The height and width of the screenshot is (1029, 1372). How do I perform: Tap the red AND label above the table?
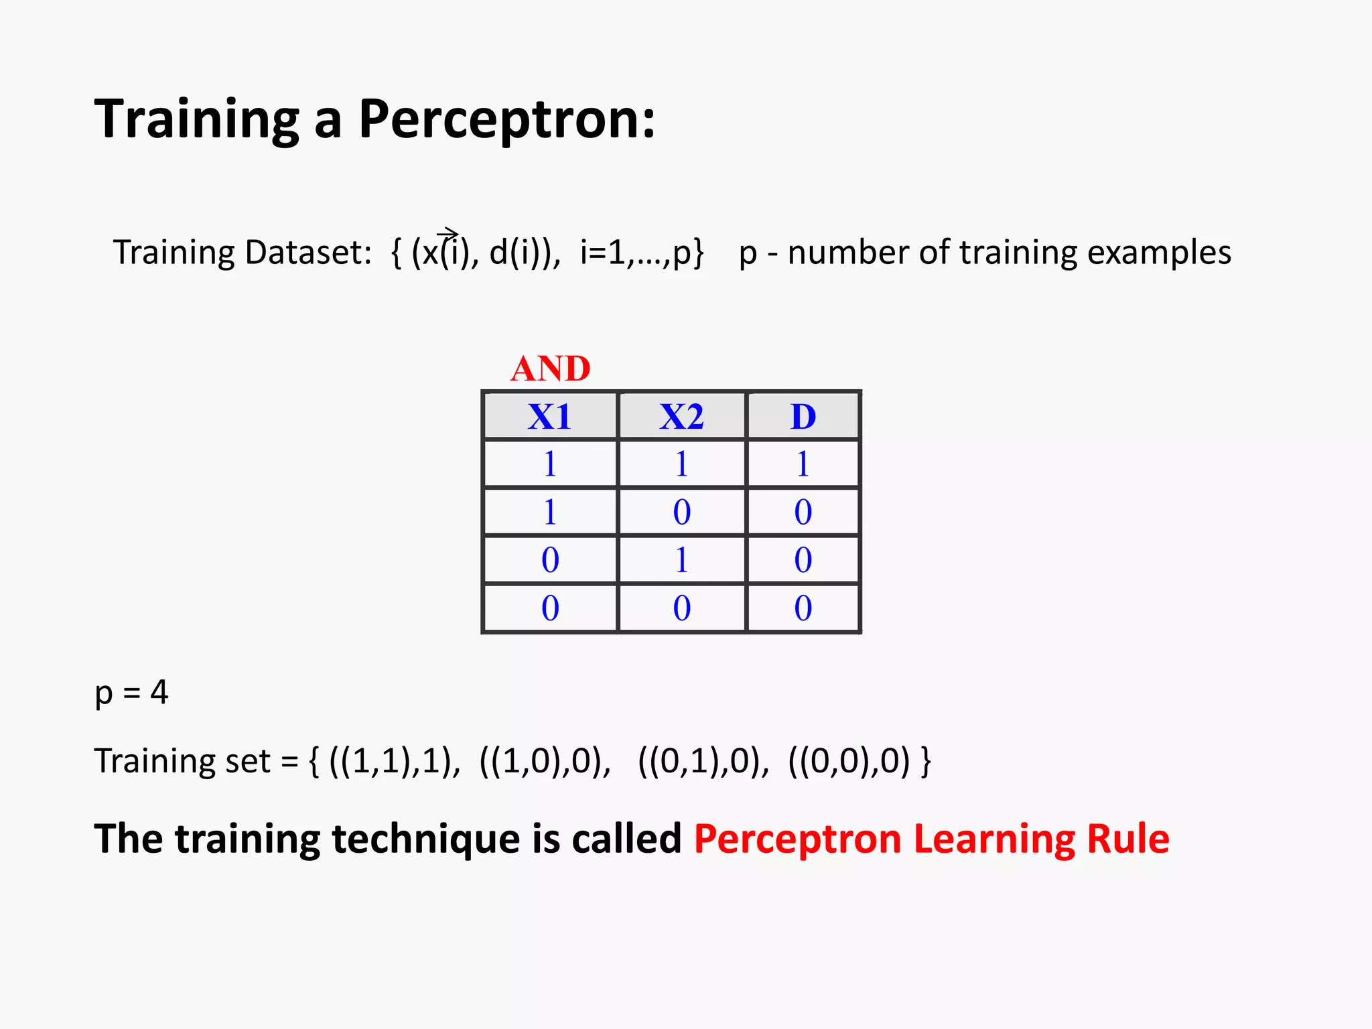click(x=550, y=368)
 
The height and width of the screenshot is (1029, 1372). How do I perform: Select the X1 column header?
click(x=549, y=417)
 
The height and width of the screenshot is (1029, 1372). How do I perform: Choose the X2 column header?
click(x=681, y=417)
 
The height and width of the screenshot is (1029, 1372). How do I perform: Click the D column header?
click(x=803, y=417)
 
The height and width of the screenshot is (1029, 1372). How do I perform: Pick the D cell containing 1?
click(x=803, y=464)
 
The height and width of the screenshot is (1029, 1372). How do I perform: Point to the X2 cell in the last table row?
click(x=681, y=608)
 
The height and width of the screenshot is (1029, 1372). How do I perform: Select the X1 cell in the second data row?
click(x=549, y=512)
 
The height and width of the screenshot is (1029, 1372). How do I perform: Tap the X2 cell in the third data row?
click(x=681, y=560)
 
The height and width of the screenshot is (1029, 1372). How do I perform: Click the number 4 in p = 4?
click(x=159, y=692)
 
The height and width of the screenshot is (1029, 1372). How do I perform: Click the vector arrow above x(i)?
click(x=448, y=232)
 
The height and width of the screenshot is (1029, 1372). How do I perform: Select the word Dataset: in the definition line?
click(x=307, y=253)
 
